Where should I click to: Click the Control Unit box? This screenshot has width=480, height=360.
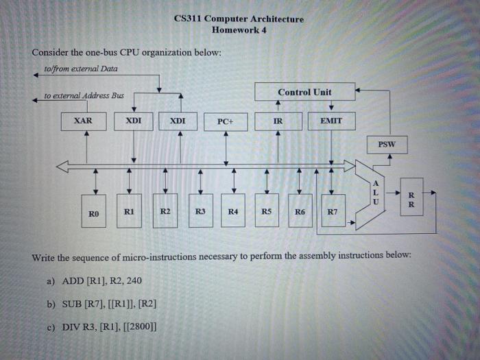(304, 92)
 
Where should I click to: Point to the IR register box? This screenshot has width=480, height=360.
(277, 121)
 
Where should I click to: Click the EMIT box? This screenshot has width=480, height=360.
(331, 121)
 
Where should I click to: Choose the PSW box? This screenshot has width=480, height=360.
(388, 145)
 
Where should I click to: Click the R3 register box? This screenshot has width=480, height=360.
(200, 212)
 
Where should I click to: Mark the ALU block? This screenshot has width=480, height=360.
(374, 193)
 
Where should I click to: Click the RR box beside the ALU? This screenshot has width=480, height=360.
(410, 198)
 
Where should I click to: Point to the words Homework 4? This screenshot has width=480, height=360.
(239, 30)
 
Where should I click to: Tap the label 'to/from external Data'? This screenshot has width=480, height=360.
(80, 69)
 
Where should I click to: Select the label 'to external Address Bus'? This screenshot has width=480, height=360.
(84, 95)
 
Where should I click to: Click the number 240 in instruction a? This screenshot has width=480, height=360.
(134, 280)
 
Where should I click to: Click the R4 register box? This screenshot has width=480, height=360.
(233, 212)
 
